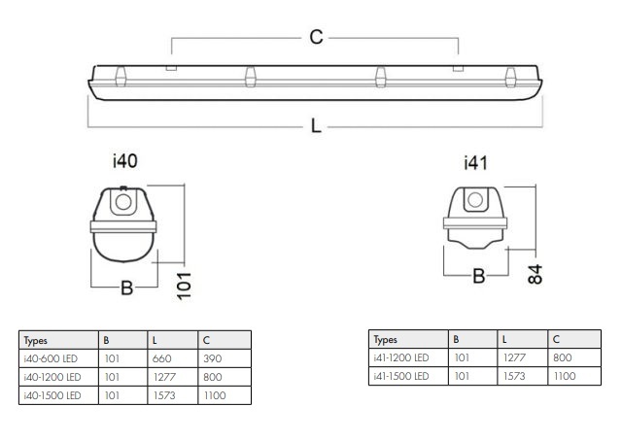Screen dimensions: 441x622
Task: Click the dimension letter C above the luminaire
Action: click(x=316, y=38)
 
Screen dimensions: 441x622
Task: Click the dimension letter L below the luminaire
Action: click(x=316, y=127)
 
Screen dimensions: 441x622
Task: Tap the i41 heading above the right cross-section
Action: click(x=474, y=162)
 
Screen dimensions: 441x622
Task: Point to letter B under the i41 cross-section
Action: click(x=478, y=276)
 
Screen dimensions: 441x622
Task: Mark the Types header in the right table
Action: click(x=387, y=340)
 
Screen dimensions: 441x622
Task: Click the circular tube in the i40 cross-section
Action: click(x=123, y=203)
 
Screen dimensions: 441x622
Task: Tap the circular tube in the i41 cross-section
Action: click(x=475, y=201)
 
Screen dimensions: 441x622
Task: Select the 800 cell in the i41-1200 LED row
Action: click(x=563, y=357)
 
